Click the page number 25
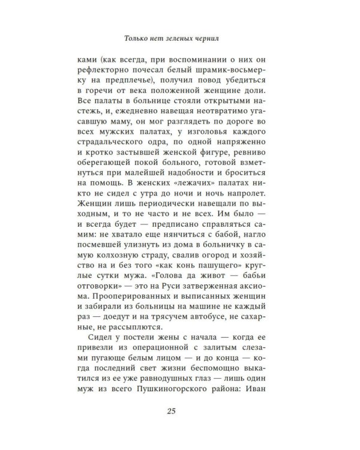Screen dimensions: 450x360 pos(180,410)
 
